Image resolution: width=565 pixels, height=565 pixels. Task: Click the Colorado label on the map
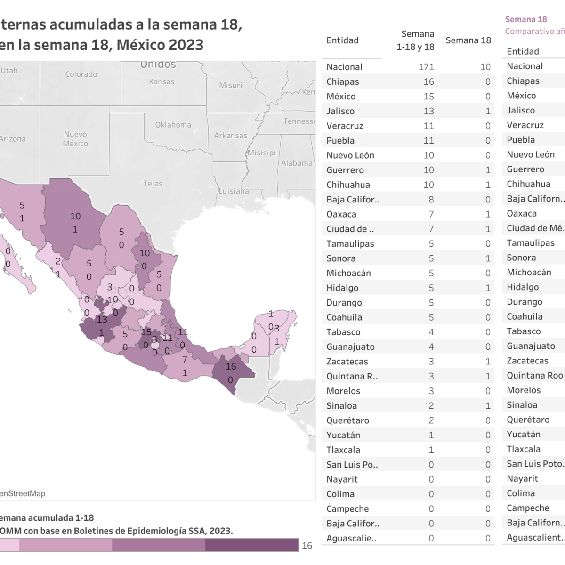click(81, 74)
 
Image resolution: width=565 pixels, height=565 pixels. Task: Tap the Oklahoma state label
click(173, 125)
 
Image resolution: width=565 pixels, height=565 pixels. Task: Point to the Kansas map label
click(161, 82)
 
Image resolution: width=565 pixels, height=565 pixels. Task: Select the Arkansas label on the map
click(230, 136)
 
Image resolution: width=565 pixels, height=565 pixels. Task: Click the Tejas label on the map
click(153, 184)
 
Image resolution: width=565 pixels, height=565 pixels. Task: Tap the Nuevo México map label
click(75, 139)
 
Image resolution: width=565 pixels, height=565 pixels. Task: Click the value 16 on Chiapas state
click(231, 367)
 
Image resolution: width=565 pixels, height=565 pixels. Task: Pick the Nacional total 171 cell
click(426, 67)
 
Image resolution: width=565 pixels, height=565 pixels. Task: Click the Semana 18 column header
click(468, 40)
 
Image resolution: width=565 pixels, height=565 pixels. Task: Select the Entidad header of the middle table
click(342, 40)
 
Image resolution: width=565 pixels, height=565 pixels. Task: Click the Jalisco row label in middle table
click(340, 111)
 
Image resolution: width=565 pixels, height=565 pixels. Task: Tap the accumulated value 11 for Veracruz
click(428, 126)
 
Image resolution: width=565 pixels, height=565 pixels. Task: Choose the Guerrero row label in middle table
click(345, 170)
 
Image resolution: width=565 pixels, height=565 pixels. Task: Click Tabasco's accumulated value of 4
click(431, 332)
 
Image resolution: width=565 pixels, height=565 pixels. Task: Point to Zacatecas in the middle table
click(347, 362)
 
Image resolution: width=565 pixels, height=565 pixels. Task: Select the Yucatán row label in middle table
click(343, 435)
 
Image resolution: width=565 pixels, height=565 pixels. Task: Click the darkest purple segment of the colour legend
click(251, 545)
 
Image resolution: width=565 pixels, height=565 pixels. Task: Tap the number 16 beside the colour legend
click(307, 545)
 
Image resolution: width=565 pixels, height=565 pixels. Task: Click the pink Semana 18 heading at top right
click(526, 19)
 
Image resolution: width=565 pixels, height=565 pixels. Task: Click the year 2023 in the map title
click(186, 45)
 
